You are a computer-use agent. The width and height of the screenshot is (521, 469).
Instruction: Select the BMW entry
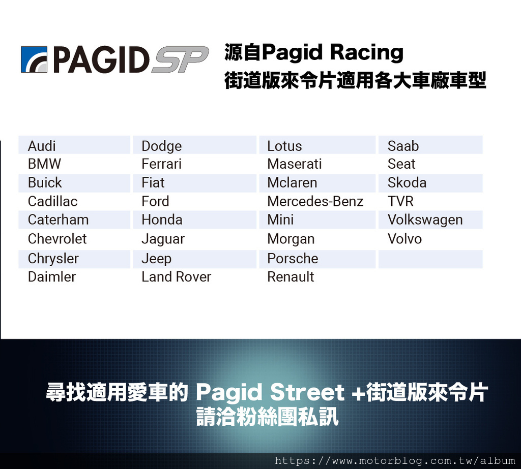coord(45,164)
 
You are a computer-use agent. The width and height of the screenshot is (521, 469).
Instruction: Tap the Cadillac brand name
coord(52,202)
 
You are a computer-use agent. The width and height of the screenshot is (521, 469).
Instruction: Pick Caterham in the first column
coord(58,220)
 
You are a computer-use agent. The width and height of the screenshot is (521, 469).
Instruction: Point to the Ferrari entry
coord(161,164)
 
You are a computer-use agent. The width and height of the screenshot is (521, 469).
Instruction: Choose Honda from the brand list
coord(162,220)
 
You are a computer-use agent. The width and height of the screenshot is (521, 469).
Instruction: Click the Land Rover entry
coord(176,277)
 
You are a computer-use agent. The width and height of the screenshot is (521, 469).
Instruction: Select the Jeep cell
coord(157,259)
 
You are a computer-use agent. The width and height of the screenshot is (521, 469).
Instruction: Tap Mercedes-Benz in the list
coord(315,202)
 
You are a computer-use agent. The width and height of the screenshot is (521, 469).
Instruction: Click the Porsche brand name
coord(293,259)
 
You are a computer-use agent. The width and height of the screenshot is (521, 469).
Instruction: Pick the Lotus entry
coord(284,146)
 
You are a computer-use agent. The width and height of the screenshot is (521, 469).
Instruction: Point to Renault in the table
coord(291,277)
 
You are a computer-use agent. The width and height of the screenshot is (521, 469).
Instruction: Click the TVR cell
coord(400,202)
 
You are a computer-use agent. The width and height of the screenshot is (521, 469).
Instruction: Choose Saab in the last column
coord(403,146)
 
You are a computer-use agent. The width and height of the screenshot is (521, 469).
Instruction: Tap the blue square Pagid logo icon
coord(34,59)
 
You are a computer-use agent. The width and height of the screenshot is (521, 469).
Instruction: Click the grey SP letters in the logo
coord(180,59)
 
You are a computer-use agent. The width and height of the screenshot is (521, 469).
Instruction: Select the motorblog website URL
coord(395,461)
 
